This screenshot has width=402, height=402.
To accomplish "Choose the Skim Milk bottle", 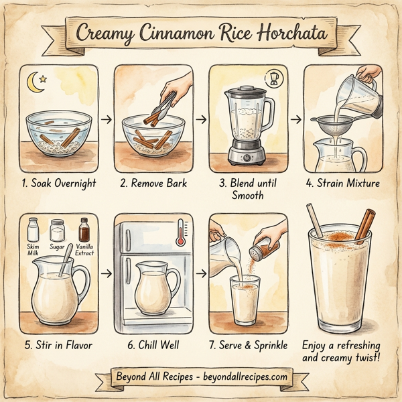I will pyautogui.click(x=33, y=231).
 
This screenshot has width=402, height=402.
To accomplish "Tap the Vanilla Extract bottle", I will pyautogui.click(x=84, y=230).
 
